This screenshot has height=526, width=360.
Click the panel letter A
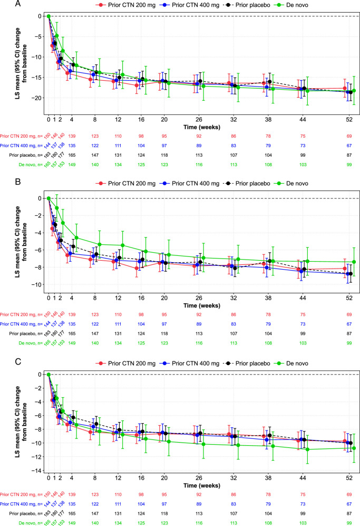coord(4,4)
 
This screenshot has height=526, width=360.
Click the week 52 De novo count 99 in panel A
coord(347,166)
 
